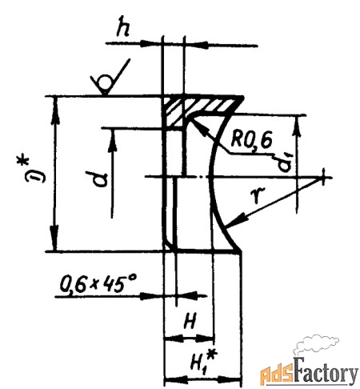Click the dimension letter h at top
[123, 26]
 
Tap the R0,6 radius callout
[251, 139]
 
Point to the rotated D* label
[34, 170]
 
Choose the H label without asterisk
[190, 320]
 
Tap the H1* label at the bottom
[203, 362]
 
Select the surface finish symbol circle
[106, 82]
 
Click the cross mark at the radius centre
[323, 177]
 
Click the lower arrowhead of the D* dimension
[54, 239]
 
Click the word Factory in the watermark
[326, 371]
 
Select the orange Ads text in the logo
[278, 374]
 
